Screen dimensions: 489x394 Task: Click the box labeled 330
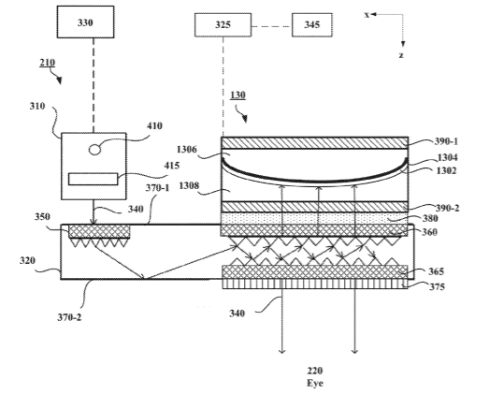(85, 22)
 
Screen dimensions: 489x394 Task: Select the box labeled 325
(223, 25)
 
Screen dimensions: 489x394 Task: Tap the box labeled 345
(312, 25)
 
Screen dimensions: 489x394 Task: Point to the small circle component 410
(94, 150)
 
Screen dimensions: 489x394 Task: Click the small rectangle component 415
(93, 179)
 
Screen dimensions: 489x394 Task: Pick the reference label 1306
(187, 150)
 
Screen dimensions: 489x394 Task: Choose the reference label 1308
(189, 185)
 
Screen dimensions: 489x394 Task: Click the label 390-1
(446, 141)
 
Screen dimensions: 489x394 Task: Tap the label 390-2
(447, 208)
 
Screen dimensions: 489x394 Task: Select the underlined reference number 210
(47, 63)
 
